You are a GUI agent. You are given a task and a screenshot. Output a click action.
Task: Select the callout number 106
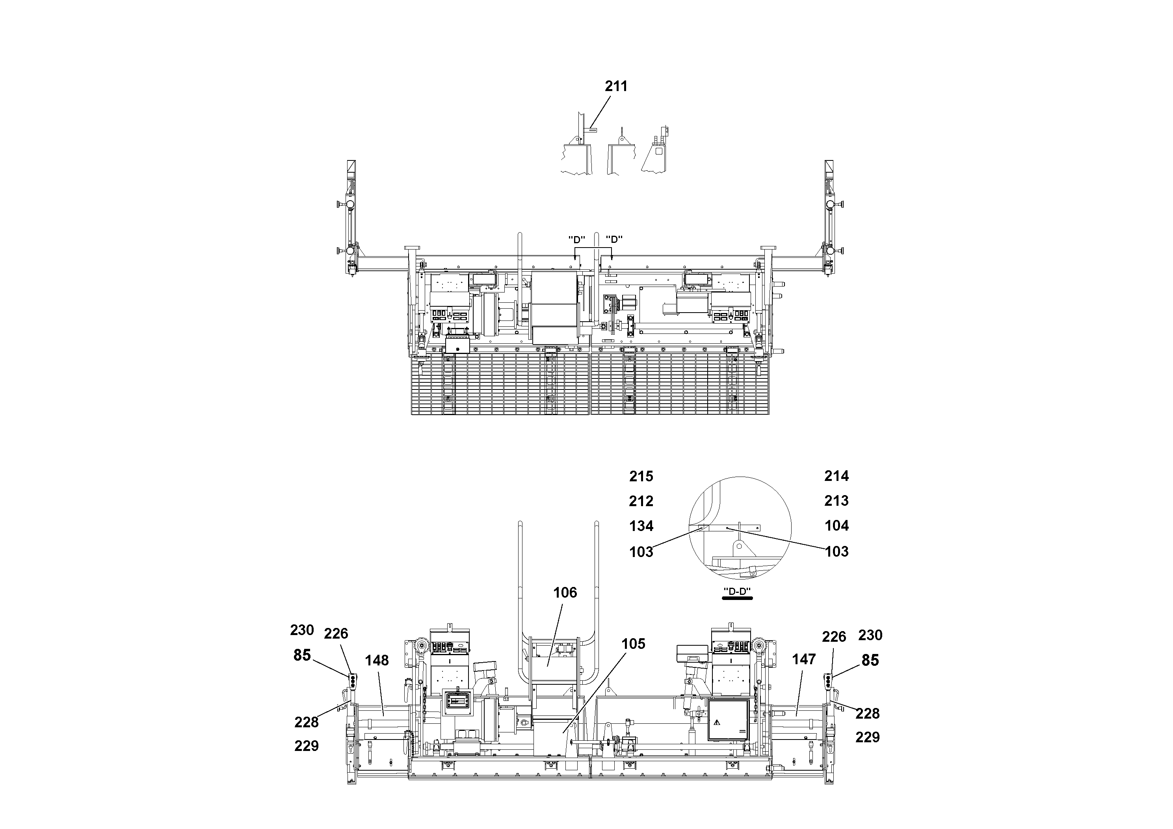coord(565,592)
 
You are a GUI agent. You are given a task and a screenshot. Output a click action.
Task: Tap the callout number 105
coord(633,644)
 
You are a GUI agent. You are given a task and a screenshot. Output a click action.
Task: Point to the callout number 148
coord(377,660)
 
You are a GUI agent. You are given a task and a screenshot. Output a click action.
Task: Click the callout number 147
coord(804,659)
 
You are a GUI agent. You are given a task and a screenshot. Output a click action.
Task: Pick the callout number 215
coord(641,476)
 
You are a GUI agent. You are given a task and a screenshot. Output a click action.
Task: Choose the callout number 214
coord(837,476)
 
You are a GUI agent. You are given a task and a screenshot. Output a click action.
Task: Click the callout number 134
coord(641,526)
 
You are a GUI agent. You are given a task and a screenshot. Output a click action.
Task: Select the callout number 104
coord(837,525)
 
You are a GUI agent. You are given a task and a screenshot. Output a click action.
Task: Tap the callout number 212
coord(641,501)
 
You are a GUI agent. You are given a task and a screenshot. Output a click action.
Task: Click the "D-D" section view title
coord(737,592)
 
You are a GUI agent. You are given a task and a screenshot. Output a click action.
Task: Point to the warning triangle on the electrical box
coord(717,722)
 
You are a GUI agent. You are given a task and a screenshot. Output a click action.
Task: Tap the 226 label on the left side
coord(336,634)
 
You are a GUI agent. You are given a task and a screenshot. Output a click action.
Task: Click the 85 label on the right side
coord(870,660)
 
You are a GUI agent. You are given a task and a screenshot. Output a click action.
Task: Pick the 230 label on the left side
coord(301,630)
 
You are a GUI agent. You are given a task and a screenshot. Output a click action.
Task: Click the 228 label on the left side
coord(306,722)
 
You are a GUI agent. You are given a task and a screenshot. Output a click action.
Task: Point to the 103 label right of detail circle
coord(837,551)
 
